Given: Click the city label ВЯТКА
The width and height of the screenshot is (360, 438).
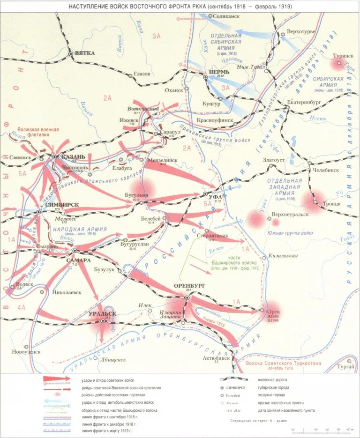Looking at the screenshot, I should pos(85,53).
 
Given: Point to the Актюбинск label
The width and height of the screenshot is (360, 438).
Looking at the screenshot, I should pos(216,357).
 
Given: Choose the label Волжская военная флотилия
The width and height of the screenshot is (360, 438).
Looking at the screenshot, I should pos(38,132).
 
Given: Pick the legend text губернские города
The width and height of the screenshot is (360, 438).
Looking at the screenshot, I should pos(273,387).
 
